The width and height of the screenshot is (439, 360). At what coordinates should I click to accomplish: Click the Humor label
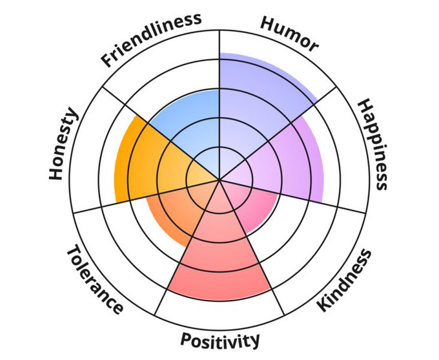289,33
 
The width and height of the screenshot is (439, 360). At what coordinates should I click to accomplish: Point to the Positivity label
220,339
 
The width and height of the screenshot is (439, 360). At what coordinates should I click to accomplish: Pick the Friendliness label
151,39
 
